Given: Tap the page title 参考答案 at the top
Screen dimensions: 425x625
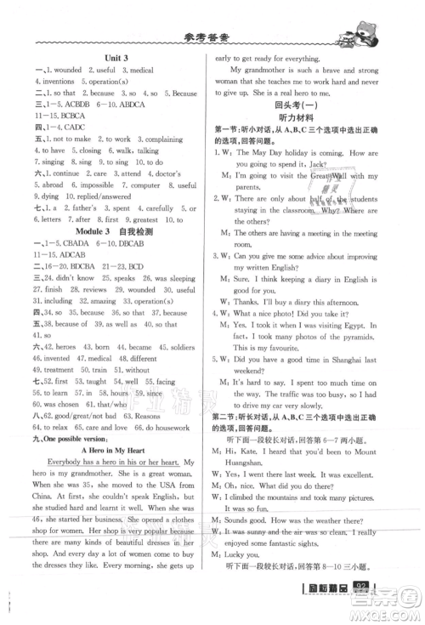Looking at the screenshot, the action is [205, 37].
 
